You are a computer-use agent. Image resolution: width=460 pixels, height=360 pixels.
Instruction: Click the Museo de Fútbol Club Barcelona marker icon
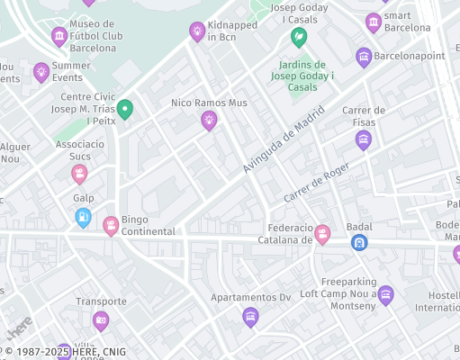click(59, 37)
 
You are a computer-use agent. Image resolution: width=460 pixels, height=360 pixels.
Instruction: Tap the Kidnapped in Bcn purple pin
click(197, 31)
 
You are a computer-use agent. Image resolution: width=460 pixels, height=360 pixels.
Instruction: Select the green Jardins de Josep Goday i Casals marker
click(299, 38)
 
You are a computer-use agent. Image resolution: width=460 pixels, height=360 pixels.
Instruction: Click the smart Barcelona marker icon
click(374, 22)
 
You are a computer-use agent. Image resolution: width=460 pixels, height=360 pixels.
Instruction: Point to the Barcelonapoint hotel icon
click(364, 58)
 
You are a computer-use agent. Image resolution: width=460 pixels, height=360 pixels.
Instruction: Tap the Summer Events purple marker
click(41, 72)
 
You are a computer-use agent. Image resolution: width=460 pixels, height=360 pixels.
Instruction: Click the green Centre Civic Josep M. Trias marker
click(125, 110)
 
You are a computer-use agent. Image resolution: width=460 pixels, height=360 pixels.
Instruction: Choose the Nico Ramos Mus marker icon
click(209, 120)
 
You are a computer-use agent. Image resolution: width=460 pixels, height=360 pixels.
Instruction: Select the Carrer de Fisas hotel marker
click(364, 139)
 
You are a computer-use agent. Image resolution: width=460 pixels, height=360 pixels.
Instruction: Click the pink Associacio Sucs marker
click(80, 173)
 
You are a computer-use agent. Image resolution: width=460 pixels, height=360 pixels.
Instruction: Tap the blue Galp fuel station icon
click(83, 217)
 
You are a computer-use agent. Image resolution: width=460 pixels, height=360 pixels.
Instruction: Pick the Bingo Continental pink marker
click(112, 225)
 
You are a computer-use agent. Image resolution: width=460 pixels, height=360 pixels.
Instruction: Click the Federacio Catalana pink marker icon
click(322, 234)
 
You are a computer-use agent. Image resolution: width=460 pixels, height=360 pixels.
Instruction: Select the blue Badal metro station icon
click(359, 242)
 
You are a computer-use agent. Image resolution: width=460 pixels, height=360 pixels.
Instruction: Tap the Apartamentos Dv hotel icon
click(250, 316)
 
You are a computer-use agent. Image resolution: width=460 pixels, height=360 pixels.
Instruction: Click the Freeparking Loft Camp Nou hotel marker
click(386, 294)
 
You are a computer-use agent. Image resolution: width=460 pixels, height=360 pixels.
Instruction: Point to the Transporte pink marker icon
click(101, 320)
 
